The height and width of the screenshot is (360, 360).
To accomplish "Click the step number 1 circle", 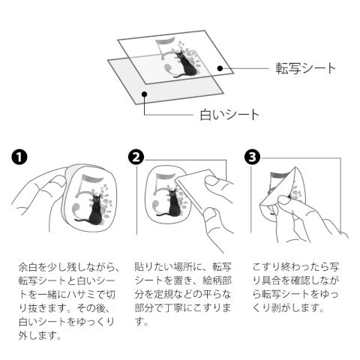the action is click(x=19, y=157).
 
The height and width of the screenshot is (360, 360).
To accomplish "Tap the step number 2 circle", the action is click(x=136, y=157).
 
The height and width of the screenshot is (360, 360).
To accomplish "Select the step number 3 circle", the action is click(x=252, y=157).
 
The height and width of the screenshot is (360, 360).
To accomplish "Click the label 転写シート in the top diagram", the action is click(x=305, y=68).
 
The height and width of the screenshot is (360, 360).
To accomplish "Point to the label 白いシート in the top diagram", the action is click(x=229, y=115).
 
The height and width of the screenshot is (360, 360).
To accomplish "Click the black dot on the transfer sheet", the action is click(x=220, y=68).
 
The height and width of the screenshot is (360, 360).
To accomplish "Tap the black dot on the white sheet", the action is click(x=144, y=94).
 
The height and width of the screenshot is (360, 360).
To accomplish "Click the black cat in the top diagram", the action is click(x=187, y=65).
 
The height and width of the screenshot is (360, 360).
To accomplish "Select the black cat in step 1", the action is click(x=93, y=211).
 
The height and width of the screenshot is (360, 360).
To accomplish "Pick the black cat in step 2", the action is click(x=172, y=204).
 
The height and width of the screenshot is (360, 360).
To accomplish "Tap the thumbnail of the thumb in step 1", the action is click(x=59, y=181).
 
